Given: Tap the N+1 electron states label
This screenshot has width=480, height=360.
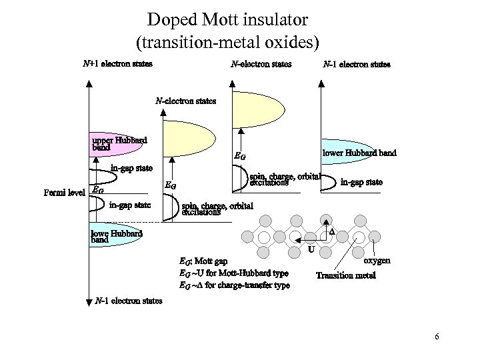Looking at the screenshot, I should tap(117, 65).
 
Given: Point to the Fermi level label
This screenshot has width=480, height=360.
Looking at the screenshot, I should tap(63, 193).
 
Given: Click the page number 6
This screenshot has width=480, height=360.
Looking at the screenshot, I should tap(436, 337).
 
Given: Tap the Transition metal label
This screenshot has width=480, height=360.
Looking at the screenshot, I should tap(345, 275).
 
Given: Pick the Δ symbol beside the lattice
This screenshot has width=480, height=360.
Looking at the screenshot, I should tap(332, 231).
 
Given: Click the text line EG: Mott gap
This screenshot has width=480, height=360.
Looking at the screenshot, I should tap(203, 261).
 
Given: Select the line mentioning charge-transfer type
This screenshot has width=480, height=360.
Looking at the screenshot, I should tap(235, 285).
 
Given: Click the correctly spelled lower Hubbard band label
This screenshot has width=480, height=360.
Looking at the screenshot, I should tap(359, 153).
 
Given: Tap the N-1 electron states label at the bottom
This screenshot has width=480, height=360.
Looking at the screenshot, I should tap(129, 301).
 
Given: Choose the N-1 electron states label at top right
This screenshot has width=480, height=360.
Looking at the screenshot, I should tap(357, 65).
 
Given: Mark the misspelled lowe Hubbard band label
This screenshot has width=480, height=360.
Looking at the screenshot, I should tap(116, 237).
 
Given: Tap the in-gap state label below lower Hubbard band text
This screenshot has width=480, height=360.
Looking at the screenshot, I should tap(361, 181).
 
